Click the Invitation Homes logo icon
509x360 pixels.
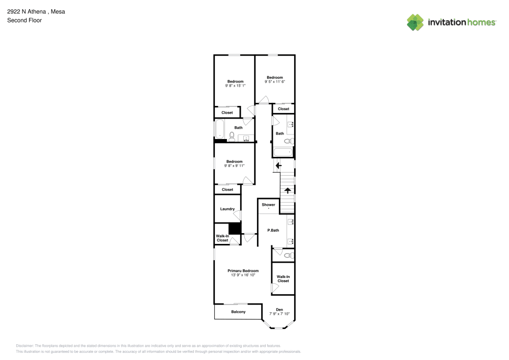415,22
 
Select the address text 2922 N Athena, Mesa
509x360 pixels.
36,11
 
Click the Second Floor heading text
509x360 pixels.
24,20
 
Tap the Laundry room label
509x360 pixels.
227,209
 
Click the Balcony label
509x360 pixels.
238,312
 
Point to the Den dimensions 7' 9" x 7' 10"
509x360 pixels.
279,314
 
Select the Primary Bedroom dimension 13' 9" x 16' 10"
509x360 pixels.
243,275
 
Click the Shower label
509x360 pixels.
268,205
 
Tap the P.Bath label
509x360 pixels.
273,231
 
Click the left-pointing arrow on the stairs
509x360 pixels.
278,165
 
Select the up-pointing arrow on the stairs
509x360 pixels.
288,190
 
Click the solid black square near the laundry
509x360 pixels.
234,229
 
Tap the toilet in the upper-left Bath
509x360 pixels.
232,136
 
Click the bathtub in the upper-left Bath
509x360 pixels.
219,129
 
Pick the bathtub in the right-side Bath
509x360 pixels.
282,152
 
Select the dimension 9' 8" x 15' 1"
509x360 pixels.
235,86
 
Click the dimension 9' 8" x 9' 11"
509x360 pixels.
234,165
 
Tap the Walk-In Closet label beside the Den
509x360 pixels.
283,279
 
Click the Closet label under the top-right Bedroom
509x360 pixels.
284,109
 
